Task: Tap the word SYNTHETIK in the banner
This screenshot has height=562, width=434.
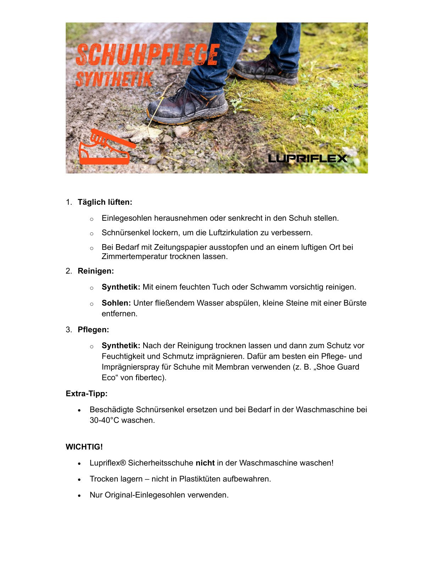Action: click(114, 79)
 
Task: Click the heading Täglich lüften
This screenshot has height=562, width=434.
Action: click(105, 202)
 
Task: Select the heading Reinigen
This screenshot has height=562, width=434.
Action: click(96, 271)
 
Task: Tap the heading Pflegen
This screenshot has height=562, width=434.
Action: click(93, 330)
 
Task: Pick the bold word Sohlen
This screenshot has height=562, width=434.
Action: click(116, 303)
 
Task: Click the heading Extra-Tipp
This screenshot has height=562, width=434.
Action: click(87, 393)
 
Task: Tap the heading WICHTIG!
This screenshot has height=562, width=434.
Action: click(84, 447)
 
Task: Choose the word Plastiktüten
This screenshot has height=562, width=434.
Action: click(200, 479)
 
